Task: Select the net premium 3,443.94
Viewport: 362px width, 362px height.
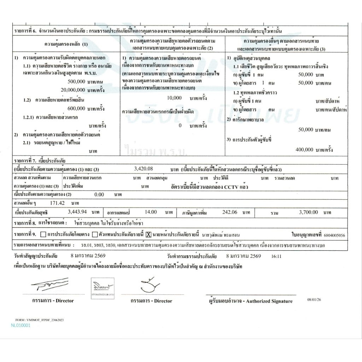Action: (x=77, y=212)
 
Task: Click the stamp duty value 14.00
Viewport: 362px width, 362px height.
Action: (x=151, y=212)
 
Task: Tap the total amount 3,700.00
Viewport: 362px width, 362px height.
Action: (x=308, y=212)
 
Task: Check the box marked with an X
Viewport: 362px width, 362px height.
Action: (x=148, y=234)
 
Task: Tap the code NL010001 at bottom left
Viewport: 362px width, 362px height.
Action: (x=21, y=326)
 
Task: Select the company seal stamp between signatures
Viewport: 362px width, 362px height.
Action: (x=103, y=288)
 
